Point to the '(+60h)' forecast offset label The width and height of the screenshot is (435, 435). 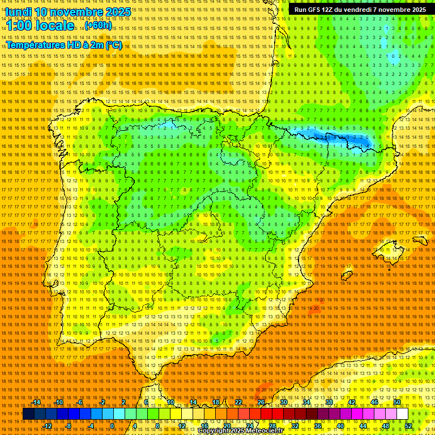click(99, 26)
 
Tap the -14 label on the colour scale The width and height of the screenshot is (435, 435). click(36, 402)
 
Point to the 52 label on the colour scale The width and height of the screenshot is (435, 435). click(408, 426)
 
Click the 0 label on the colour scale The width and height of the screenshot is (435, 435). click(112, 426)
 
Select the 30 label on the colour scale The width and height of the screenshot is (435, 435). click(283, 402)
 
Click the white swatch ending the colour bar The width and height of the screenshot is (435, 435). click(403, 414)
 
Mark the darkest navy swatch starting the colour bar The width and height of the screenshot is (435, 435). click(28, 414)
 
